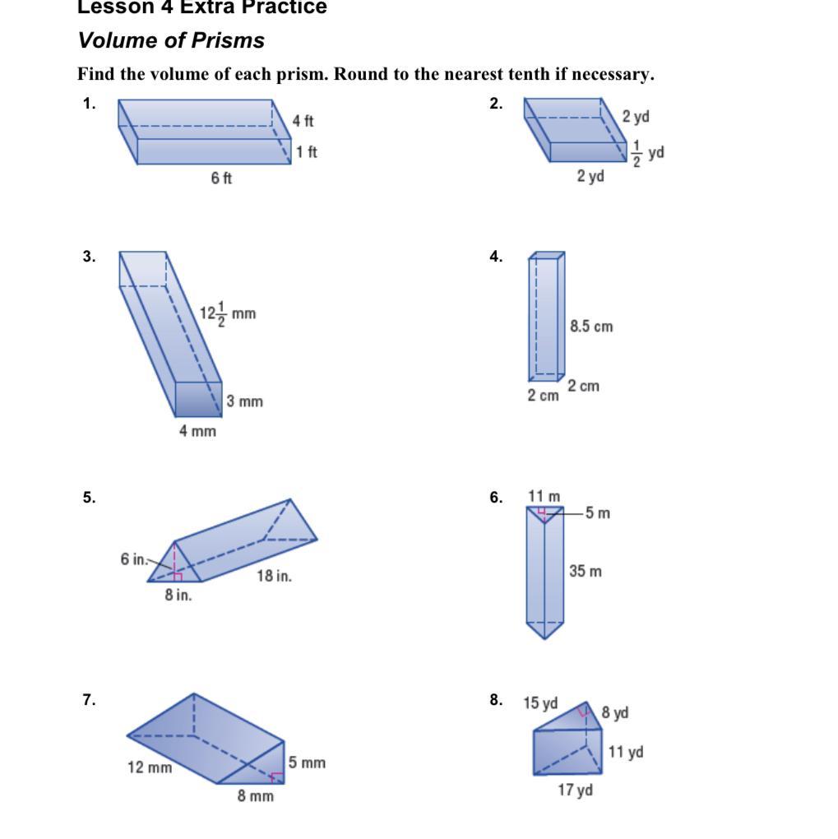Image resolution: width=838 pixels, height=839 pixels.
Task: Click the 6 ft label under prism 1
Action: pos(221,178)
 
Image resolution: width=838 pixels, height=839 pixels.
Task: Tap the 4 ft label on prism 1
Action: pos(303,121)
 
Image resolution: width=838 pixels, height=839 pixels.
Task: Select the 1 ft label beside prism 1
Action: pos(307,151)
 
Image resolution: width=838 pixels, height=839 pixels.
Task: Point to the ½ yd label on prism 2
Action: pos(648,153)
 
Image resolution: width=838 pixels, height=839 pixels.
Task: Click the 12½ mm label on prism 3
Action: pos(228,313)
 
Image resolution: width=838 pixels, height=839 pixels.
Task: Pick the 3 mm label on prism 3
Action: pos(245,401)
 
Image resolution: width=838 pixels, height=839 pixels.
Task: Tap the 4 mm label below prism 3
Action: pos(197,430)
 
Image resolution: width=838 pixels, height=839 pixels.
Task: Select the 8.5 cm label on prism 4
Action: pos(591,327)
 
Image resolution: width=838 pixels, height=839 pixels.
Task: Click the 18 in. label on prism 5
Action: pos(274,576)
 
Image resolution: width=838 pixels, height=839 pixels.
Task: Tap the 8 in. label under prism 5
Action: pos(178,596)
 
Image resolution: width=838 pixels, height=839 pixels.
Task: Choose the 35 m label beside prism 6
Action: pos(585,571)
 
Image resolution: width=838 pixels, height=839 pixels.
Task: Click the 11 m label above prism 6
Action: pos(544,496)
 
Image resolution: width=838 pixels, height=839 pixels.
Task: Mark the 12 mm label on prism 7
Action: pos(150,767)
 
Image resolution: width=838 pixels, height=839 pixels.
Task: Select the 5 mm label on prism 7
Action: pos(307,763)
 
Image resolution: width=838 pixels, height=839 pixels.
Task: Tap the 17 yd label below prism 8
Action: pos(575,790)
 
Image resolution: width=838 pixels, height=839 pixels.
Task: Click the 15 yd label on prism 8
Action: pos(540,703)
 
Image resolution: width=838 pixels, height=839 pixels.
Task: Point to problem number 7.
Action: pos(89,700)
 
